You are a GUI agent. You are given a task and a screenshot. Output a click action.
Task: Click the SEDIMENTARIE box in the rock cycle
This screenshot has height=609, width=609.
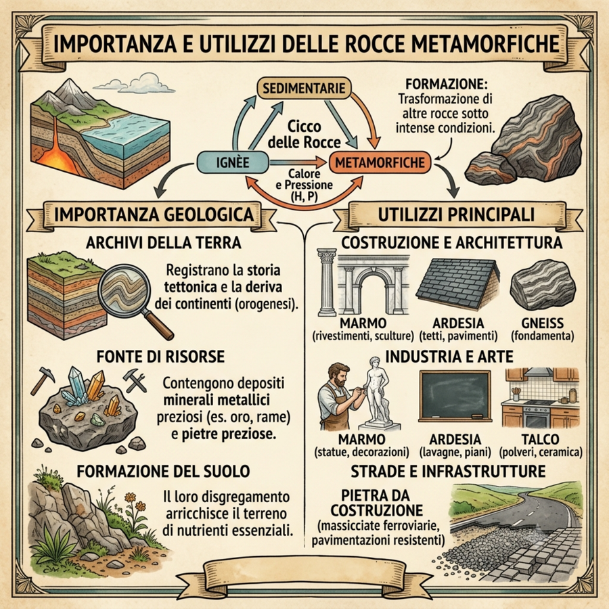(x=304, y=89)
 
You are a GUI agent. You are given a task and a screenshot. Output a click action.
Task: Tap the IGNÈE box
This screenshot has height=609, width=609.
(x=233, y=162)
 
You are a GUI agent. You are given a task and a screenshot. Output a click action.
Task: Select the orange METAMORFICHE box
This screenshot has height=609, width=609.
(x=380, y=162)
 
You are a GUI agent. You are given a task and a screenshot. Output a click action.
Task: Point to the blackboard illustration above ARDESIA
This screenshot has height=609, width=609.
(x=455, y=396)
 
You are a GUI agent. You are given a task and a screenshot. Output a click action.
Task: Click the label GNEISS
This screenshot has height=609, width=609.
(x=543, y=323)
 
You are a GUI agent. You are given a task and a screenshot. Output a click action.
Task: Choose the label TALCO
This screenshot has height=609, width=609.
(x=540, y=439)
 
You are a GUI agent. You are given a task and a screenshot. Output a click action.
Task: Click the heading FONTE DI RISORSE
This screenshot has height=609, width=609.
(x=160, y=357)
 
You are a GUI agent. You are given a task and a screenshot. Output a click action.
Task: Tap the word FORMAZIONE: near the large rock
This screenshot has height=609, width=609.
(x=447, y=84)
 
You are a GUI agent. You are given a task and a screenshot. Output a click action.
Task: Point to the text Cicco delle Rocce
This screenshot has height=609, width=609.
(x=304, y=135)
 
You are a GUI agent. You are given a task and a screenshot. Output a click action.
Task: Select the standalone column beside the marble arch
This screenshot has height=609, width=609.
(x=327, y=282)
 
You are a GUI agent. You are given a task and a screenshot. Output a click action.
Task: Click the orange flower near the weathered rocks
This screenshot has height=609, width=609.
(x=130, y=497)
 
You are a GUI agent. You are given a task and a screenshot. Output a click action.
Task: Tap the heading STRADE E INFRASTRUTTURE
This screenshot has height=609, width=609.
(x=448, y=471)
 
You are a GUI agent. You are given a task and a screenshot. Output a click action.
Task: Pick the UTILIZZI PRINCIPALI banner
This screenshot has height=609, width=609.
(x=456, y=215)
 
